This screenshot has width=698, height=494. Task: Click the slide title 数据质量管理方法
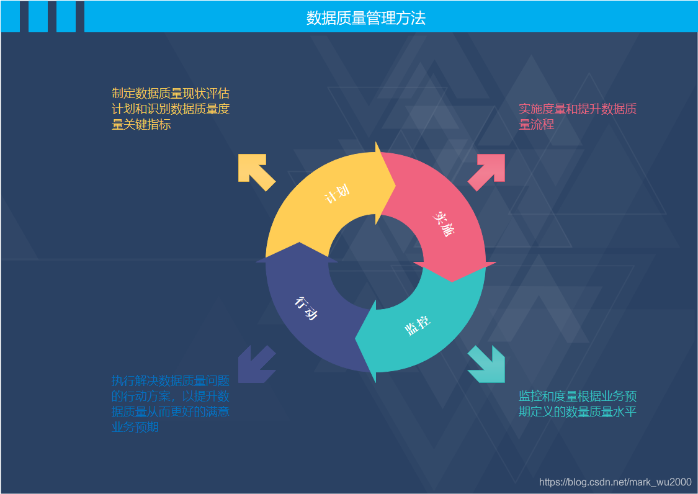point(366,18)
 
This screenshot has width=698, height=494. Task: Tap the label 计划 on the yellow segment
point(337,194)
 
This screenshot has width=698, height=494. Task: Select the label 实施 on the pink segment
point(443,223)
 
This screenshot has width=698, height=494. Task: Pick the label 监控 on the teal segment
point(418,325)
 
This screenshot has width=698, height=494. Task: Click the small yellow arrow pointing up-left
point(255,171)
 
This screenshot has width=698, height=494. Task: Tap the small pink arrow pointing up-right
point(488,171)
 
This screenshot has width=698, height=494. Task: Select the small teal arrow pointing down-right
point(488,366)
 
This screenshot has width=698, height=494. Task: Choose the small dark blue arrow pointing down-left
point(255,364)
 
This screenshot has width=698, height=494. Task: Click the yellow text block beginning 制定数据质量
point(171,109)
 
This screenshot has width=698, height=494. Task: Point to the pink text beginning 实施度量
point(577,117)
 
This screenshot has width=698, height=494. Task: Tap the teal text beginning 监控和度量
point(577,404)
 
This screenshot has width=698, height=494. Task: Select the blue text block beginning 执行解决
point(171,404)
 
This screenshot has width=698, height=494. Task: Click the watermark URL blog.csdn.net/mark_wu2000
point(615,482)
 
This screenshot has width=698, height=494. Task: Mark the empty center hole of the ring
point(375,263)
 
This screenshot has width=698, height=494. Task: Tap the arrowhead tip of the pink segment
point(454,281)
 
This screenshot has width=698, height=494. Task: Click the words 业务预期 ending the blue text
point(135,427)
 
